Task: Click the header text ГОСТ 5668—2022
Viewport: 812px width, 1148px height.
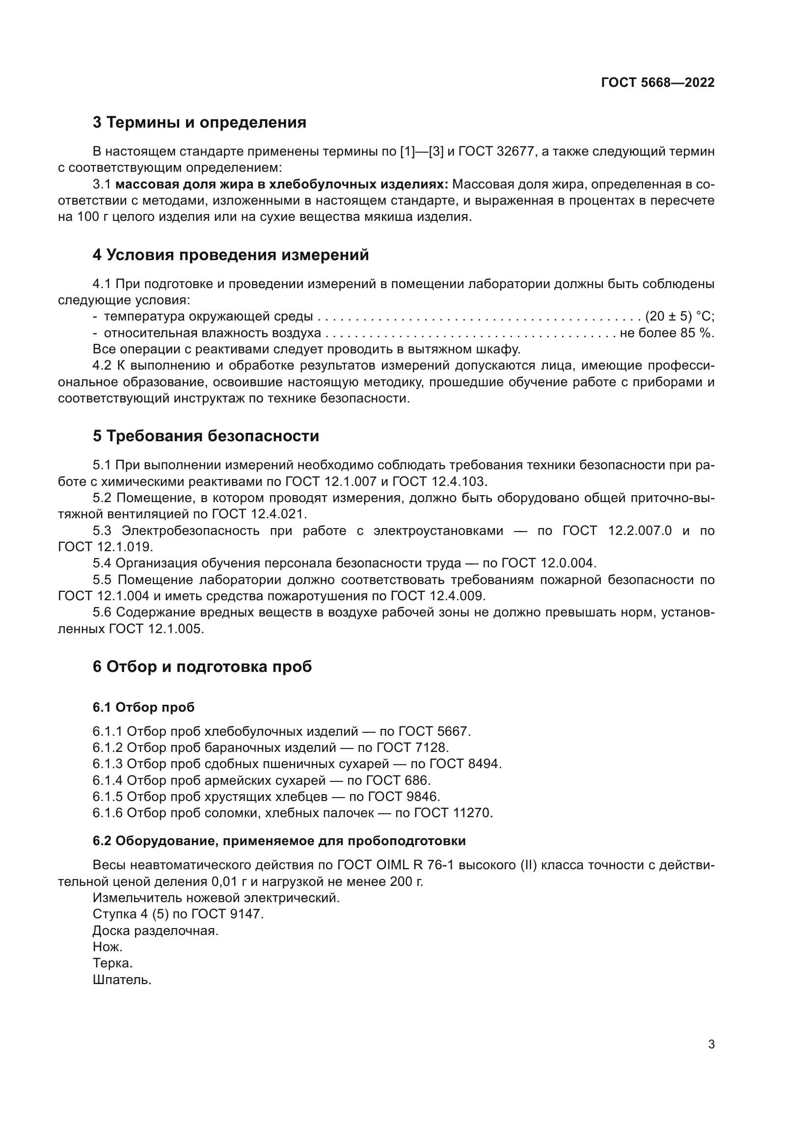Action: pos(657,82)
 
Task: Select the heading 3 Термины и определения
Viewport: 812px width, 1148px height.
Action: pos(199,123)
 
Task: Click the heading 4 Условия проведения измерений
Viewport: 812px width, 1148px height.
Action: pos(231,255)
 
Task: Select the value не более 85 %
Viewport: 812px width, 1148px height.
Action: pos(667,333)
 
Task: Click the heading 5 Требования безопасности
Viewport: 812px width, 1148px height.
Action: pos(206,436)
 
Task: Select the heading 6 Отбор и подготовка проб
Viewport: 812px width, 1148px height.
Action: pos(202,667)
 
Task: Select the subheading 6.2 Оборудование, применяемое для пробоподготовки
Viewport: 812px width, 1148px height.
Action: pos(279,841)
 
